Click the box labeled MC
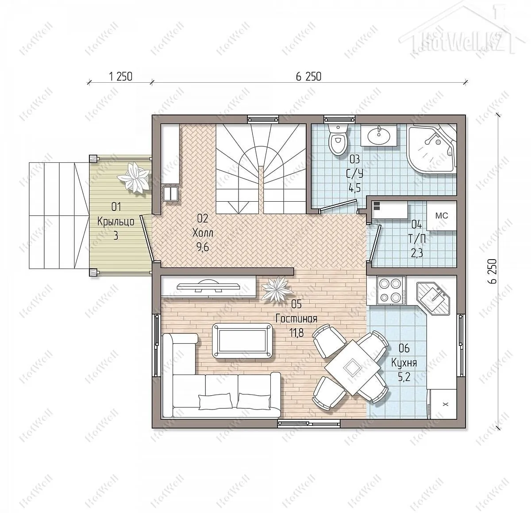click(x=441, y=216)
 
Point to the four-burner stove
click(x=391, y=290)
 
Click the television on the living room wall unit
click(x=209, y=286)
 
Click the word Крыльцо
click(x=115, y=222)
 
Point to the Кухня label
click(x=404, y=363)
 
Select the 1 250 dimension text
click(x=121, y=77)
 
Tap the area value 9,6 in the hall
click(x=202, y=247)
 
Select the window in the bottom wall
click(x=309, y=424)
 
